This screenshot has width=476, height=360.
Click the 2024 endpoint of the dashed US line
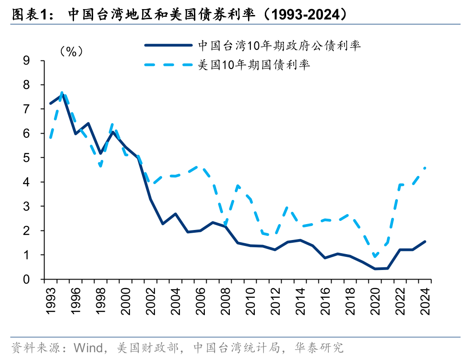click(425, 168)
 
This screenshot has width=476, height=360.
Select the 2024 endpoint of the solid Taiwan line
click(425, 242)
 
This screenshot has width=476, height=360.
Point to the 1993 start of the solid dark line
click(50, 104)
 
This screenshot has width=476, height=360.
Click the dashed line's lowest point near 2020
click(375, 257)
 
